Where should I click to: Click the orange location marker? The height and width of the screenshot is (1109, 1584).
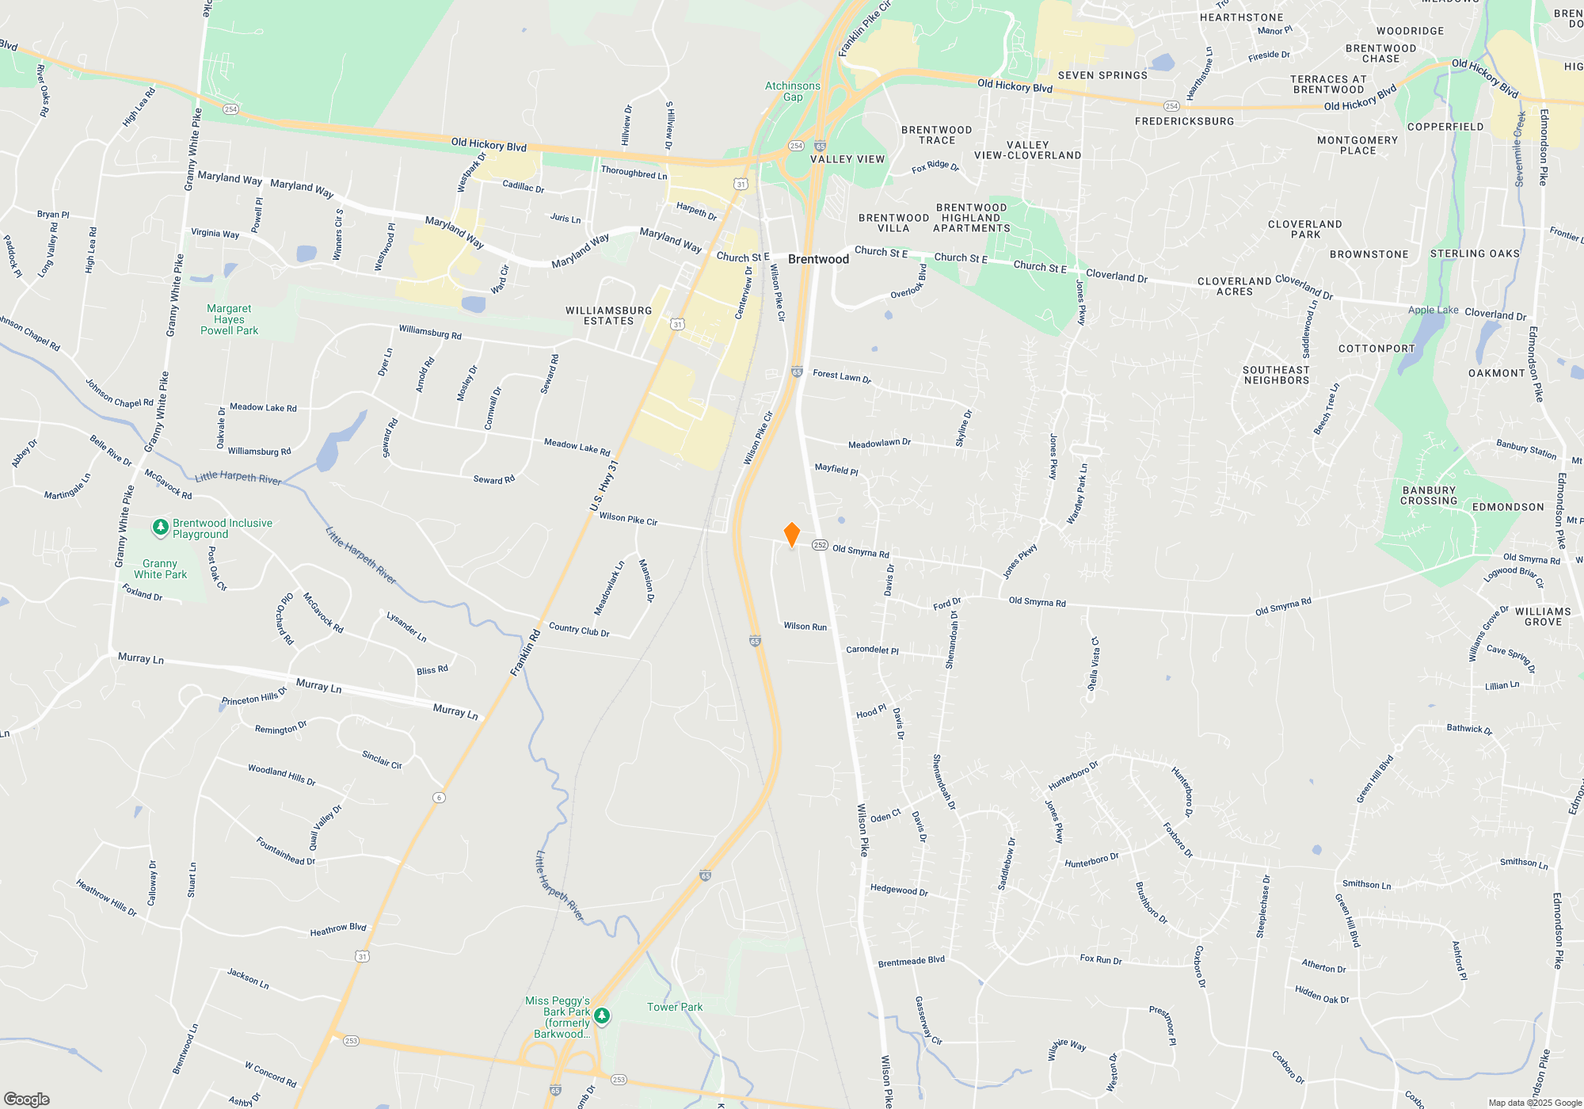pyautogui.click(x=791, y=535)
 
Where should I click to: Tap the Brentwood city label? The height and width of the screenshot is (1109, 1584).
pyautogui.click(x=818, y=259)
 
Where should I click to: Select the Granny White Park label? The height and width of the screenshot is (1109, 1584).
pyautogui.click(x=161, y=569)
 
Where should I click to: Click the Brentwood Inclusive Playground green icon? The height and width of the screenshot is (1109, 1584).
pyautogui.click(x=161, y=527)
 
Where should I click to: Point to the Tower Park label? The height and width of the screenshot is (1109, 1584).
pyautogui.click(x=675, y=1007)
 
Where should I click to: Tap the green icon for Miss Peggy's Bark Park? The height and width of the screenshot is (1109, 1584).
pyautogui.click(x=602, y=1016)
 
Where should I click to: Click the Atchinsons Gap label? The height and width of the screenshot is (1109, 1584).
pyautogui.click(x=793, y=91)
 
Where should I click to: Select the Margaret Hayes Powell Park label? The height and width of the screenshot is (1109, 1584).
pyautogui.click(x=230, y=319)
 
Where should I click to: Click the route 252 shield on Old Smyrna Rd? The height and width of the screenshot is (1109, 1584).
pyautogui.click(x=820, y=545)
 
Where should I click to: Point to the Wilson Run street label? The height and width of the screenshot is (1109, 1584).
pyautogui.click(x=805, y=627)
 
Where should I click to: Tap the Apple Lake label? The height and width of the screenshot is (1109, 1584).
pyautogui.click(x=1433, y=310)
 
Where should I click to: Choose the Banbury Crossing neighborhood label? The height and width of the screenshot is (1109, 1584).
pyautogui.click(x=1429, y=496)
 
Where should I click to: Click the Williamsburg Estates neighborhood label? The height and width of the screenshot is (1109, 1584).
pyautogui.click(x=609, y=315)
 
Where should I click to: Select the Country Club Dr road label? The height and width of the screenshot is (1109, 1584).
pyautogui.click(x=579, y=631)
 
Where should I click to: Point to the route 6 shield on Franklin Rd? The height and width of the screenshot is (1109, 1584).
pyautogui.click(x=439, y=797)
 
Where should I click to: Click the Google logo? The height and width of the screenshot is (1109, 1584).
pyautogui.click(x=26, y=1099)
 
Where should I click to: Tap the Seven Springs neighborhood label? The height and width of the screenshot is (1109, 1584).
pyautogui.click(x=1102, y=75)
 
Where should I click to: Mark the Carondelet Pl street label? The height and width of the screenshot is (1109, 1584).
pyautogui.click(x=872, y=650)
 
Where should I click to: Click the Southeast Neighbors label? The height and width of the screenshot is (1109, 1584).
pyautogui.click(x=1276, y=375)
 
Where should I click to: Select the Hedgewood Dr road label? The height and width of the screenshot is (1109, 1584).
pyautogui.click(x=899, y=890)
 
